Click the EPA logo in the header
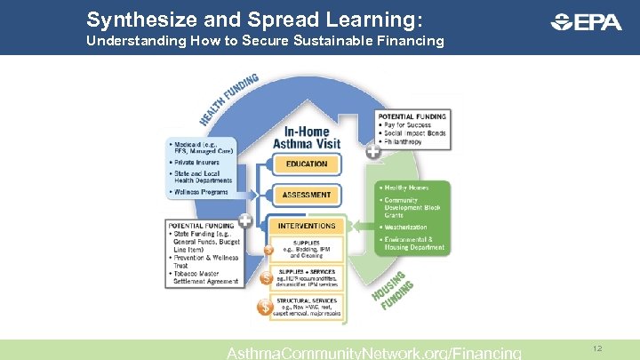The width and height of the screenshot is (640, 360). point(587,22)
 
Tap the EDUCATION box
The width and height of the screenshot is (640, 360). point(307,164)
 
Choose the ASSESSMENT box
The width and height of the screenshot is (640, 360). point(307,195)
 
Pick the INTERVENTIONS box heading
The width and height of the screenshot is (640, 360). point(307,226)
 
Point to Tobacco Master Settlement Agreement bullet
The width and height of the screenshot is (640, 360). point(205,277)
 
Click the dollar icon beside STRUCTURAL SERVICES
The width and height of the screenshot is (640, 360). point(265,307)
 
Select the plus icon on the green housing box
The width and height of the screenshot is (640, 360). point(372,152)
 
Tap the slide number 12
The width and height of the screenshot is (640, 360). point(597,349)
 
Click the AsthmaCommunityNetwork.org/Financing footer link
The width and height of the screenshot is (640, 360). point(374,353)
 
